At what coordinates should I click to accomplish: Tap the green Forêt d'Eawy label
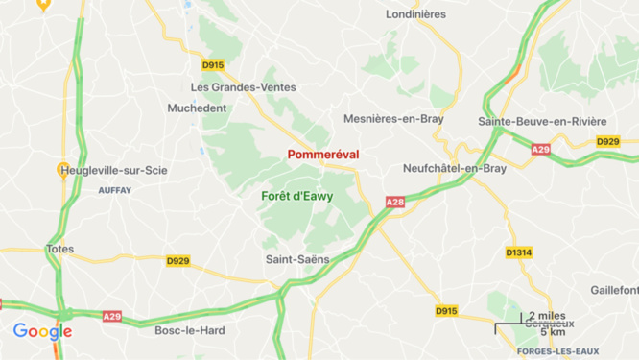tap(297, 196)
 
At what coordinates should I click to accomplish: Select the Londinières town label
tap(415, 14)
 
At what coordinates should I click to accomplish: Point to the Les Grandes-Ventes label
tap(243, 87)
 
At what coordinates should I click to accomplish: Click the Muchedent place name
tap(197, 108)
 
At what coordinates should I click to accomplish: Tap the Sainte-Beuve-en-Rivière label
tap(542, 121)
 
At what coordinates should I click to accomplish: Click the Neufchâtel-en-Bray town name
tap(455, 168)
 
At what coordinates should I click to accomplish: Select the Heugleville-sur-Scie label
tap(113, 171)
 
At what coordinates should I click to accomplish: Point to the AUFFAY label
tap(114, 190)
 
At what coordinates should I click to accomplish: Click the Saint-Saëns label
tap(297, 259)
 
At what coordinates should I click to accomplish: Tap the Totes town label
tap(59, 249)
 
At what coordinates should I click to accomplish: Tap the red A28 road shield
tap(395, 203)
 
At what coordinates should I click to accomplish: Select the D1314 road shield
tap(518, 252)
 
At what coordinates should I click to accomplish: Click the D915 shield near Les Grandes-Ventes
tap(213, 65)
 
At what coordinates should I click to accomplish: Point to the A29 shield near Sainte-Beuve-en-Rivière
tap(542, 149)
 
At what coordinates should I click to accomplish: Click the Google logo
tap(42, 332)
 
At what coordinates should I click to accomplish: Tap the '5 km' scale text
tap(552, 332)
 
